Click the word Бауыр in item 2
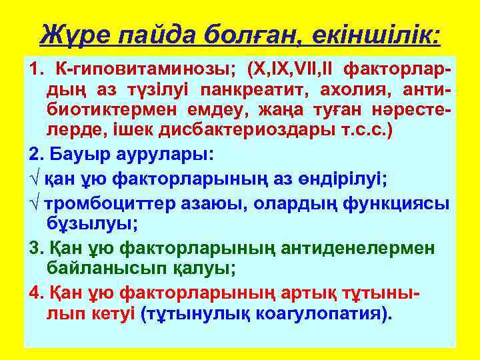(x=78, y=154)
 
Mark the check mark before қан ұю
(x=33, y=179)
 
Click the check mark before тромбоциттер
(x=33, y=203)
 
